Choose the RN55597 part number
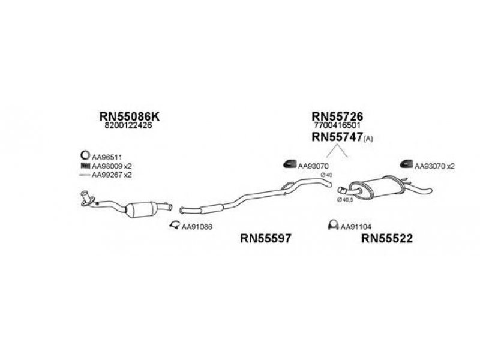tap(266, 238)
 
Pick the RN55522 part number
tap(387, 238)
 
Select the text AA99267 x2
tap(112, 175)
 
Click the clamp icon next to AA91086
tap(173, 225)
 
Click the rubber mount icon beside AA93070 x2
tap(406, 164)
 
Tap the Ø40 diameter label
tap(327, 175)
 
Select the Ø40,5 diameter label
tap(344, 199)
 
